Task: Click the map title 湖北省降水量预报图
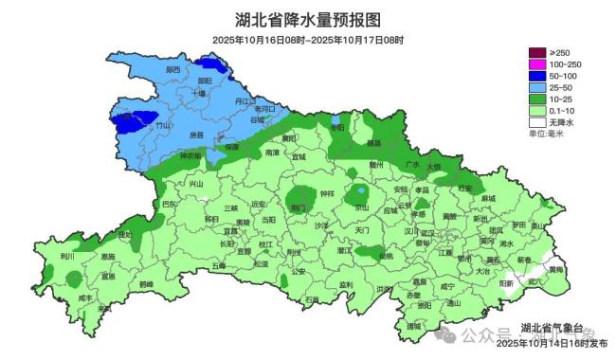point(307,18)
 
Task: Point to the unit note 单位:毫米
point(550,134)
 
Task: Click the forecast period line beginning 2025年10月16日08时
point(308,40)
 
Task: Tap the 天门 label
point(361,229)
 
